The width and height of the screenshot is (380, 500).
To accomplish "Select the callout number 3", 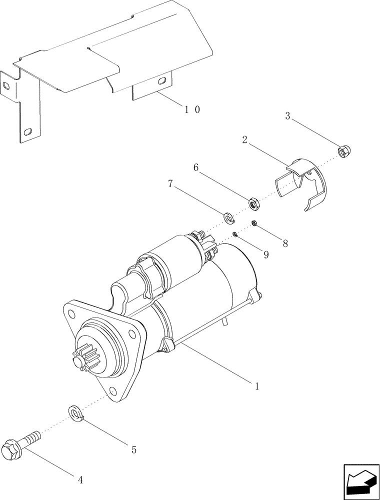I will (x=287, y=116).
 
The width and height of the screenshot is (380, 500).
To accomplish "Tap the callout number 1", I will (x=257, y=386).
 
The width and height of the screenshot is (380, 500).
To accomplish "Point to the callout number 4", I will (x=80, y=480).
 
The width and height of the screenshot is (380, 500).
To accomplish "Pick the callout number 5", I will (x=133, y=449).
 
